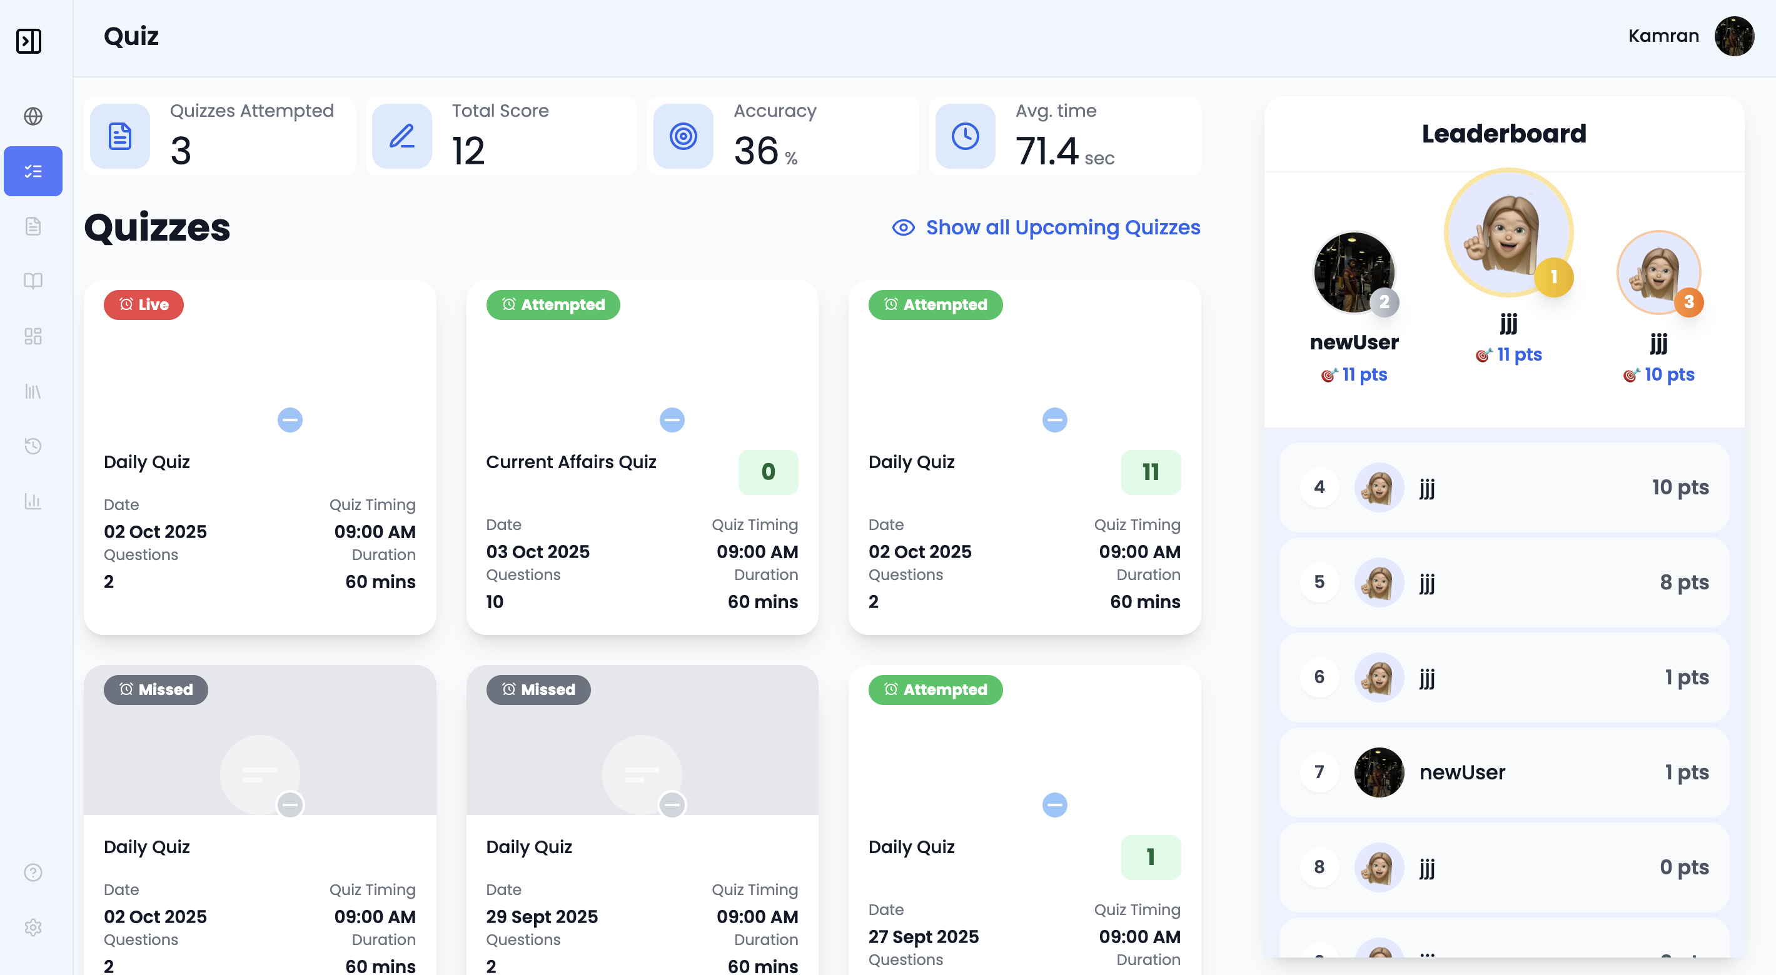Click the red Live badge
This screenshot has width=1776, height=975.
tap(143, 304)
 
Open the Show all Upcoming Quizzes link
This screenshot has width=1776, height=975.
tap(1062, 227)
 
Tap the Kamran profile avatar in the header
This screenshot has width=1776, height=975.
tap(1733, 36)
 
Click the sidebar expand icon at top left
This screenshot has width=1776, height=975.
tap(29, 41)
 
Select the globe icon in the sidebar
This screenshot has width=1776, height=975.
tap(33, 116)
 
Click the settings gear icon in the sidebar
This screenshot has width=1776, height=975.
tap(33, 927)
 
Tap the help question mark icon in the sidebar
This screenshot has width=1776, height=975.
tap(33, 872)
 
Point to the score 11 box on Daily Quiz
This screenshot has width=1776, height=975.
tap(1150, 472)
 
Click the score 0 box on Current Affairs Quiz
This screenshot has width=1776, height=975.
tap(767, 472)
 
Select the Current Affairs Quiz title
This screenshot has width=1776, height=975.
tap(571, 462)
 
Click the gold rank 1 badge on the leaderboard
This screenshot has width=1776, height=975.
tap(1553, 277)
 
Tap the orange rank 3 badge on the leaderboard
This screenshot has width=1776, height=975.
tap(1688, 302)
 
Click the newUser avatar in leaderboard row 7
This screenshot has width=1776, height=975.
tap(1379, 772)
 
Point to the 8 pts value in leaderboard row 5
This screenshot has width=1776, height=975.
tap(1683, 582)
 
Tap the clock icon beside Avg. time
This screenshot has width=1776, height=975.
tap(964, 136)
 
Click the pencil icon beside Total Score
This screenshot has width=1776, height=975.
tap(401, 136)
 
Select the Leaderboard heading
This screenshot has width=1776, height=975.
tap(1504, 134)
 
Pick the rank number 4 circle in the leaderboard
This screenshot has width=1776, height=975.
tap(1319, 487)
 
